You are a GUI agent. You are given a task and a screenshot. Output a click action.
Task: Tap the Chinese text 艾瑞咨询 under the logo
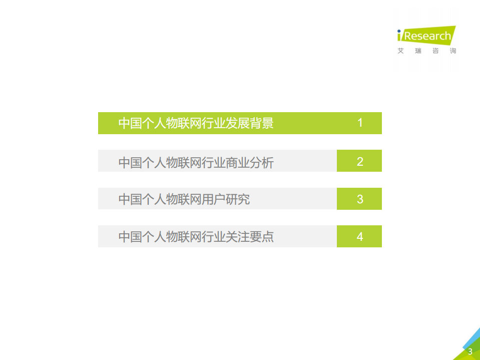pyautogui.click(x=426, y=51)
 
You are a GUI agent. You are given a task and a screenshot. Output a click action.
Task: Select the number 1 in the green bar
pyautogui.click(x=360, y=123)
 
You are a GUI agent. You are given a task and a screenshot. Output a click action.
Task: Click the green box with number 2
pyautogui.click(x=359, y=161)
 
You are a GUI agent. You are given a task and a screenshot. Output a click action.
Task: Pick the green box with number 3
pyautogui.click(x=359, y=199)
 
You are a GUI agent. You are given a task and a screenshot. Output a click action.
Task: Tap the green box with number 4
pyautogui.click(x=359, y=236)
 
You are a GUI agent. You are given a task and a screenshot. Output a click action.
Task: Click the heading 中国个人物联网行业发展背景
pyautogui.click(x=196, y=123)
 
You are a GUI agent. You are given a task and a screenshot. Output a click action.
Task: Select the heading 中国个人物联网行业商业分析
pyautogui.click(x=196, y=162)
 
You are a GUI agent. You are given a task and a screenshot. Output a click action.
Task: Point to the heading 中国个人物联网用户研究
pyautogui.click(x=184, y=199)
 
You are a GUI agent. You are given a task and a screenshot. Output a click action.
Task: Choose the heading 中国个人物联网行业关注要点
pyautogui.click(x=196, y=237)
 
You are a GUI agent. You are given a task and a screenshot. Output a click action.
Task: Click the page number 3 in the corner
pyautogui.click(x=470, y=351)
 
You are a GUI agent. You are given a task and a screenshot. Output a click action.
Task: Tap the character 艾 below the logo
pyautogui.click(x=400, y=51)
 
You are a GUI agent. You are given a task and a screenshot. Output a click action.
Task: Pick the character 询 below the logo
pyautogui.click(x=452, y=51)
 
